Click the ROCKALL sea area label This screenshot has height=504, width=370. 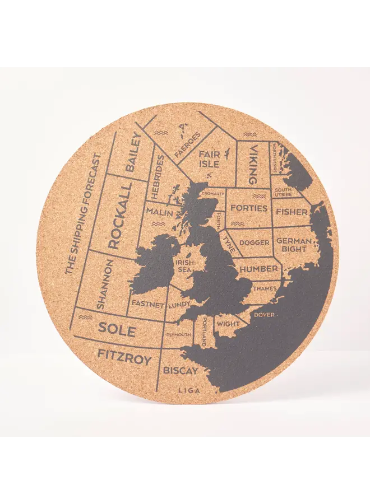point(119,215)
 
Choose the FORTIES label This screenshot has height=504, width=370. point(249,208)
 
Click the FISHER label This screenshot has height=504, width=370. point(292,212)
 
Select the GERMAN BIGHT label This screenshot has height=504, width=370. point(293,244)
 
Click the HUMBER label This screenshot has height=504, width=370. point(259,269)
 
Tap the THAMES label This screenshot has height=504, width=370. point(265,288)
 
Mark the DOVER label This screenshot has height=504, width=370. point(264,315)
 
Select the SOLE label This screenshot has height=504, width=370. point(117,329)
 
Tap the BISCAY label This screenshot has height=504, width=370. point(181,371)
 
